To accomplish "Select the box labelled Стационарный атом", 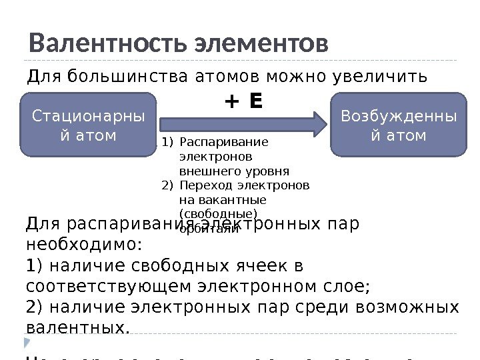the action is [x=88, y=125].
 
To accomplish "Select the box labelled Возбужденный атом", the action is [x=399, y=125].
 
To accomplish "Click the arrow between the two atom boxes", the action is [x=241, y=124].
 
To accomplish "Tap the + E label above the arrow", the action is [x=243, y=101].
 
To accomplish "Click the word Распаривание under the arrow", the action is [x=224, y=141].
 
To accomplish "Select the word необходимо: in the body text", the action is [x=84, y=244].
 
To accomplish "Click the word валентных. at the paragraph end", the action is [x=77, y=328].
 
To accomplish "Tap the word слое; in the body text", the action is [x=347, y=287].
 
